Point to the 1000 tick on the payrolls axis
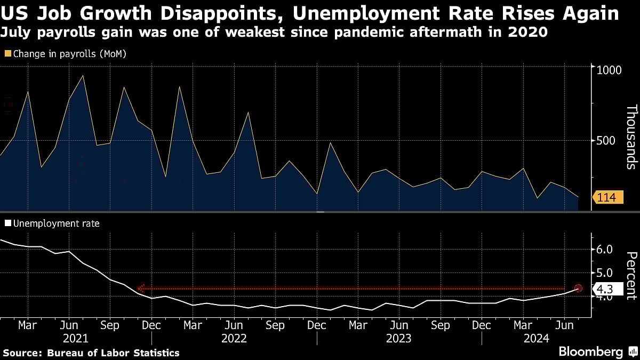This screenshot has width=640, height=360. pos(610,70)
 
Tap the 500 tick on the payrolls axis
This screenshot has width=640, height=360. pos(607,141)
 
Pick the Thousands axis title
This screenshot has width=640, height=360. pos(630,137)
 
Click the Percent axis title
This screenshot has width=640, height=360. pos(630,276)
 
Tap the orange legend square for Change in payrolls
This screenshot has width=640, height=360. pos(7,53)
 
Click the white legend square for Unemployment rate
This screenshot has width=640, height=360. pos(7,223)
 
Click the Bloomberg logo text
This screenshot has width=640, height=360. pos(590,352)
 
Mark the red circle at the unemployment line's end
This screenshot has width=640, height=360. pos(579,288)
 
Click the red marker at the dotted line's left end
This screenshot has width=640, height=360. pos(141,289)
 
